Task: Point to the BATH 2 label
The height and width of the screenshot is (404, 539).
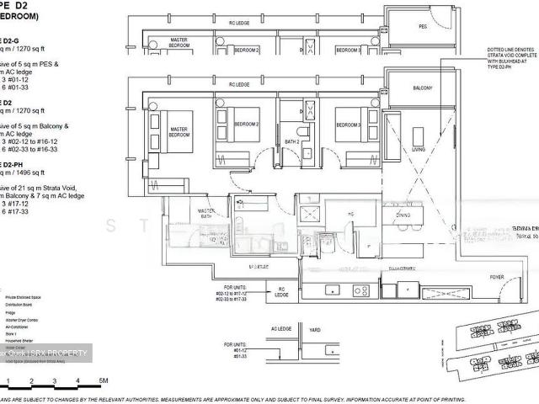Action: [x=292, y=141]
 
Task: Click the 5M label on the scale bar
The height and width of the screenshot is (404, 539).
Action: [x=101, y=381]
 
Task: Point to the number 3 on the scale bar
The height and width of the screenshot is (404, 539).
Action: [x=54, y=381]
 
